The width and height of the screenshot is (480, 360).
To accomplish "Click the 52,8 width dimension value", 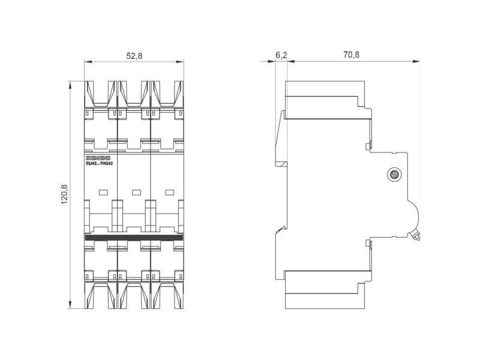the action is coord(134,56).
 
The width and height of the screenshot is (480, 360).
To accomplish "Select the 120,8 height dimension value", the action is coord(65,194).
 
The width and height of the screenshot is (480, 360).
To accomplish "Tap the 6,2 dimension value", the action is coord(281,55).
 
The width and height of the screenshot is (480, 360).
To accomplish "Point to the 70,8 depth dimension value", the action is coord(351,55).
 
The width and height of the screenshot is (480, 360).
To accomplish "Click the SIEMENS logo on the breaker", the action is coord(98,158).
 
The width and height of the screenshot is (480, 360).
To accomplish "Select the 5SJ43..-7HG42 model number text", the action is coord(99,163).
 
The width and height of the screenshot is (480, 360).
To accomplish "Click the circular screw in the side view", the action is coord(394,175).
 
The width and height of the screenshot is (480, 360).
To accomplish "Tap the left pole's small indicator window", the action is coord(103,192).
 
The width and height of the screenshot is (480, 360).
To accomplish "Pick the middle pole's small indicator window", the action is coord(137,192).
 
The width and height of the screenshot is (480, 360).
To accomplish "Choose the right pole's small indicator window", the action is coord(170,192).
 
